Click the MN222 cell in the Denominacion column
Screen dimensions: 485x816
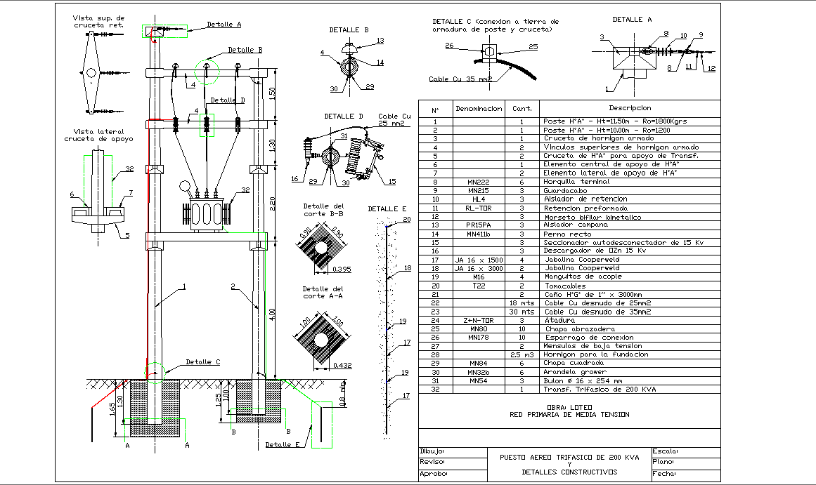(478, 182)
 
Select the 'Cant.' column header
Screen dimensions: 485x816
(522, 109)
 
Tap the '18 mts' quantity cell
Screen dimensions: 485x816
(522, 303)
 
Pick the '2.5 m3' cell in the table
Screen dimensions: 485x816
(522, 354)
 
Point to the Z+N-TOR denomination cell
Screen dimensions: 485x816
(478, 320)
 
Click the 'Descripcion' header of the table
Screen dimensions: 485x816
(630, 108)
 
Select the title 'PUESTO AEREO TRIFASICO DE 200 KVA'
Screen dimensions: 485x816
(569, 457)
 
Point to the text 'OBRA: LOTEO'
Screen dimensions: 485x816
(569, 407)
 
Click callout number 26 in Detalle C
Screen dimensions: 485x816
(449, 46)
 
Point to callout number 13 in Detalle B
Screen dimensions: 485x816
(380, 41)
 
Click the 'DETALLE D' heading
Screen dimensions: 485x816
(344, 116)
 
